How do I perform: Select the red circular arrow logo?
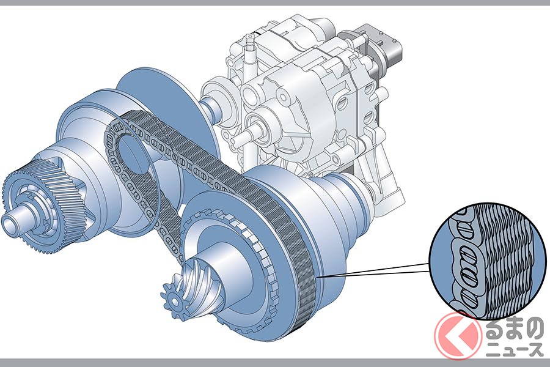[x=458, y=333]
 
